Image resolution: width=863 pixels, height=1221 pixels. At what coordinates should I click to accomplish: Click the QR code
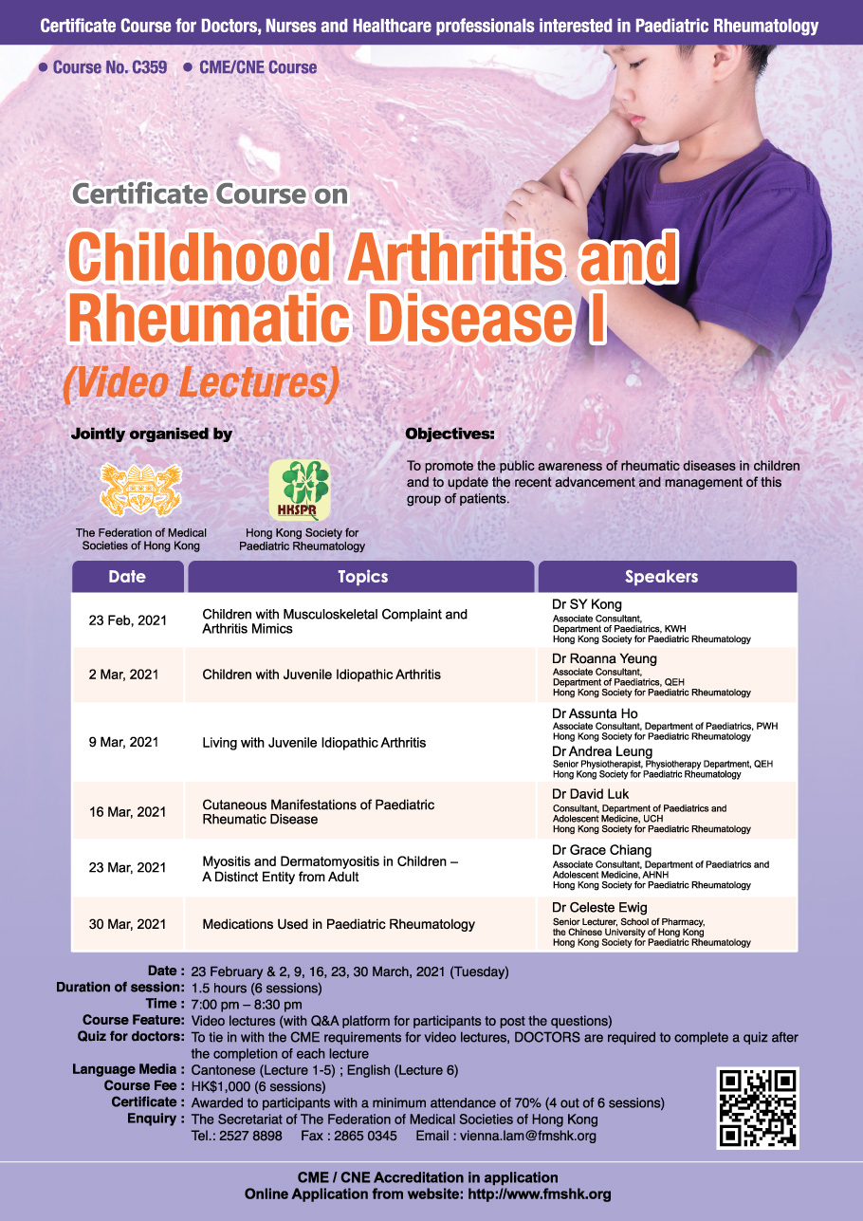click(x=758, y=1108)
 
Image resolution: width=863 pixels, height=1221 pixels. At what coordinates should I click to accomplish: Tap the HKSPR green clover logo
click(x=300, y=490)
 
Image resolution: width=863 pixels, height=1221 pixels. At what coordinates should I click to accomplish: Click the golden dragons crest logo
click(x=140, y=490)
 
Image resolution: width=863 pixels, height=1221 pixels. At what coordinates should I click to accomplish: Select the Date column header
click(x=127, y=577)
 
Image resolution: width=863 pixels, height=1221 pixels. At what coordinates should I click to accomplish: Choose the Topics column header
click(x=361, y=577)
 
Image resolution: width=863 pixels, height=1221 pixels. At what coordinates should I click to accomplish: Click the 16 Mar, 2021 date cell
click(x=127, y=812)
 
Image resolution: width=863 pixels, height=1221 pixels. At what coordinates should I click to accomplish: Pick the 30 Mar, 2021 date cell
click(x=127, y=924)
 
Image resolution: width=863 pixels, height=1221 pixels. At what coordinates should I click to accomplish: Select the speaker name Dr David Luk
click(x=590, y=794)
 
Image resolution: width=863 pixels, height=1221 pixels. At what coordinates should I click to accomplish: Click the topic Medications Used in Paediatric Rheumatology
click(x=339, y=924)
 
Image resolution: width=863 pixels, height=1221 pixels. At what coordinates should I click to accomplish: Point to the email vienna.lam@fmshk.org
click(x=527, y=1136)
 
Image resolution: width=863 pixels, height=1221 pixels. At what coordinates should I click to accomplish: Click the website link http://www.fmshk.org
click(x=540, y=1194)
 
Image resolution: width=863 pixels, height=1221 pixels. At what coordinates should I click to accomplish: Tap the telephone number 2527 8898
click(x=250, y=1136)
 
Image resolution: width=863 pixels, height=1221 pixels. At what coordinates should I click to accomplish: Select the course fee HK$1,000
click(x=221, y=1086)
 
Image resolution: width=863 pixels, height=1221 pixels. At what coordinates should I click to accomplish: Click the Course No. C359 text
click(x=109, y=67)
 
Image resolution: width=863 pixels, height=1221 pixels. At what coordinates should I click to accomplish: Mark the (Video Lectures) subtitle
click(x=201, y=383)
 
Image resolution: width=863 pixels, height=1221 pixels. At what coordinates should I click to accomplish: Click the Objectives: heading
click(x=450, y=434)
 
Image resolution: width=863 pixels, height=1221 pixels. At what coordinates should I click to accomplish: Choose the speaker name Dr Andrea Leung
click(x=602, y=751)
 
